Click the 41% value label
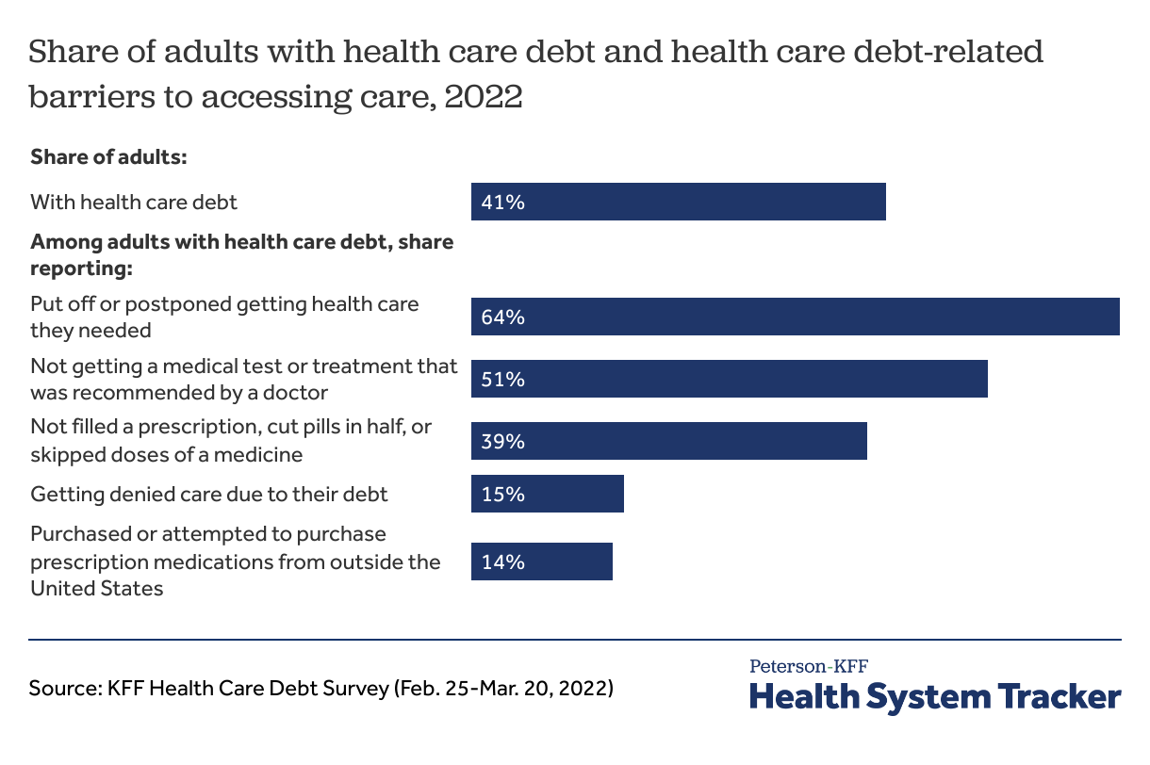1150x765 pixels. click(x=502, y=202)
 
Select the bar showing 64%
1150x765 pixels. click(x=795, y=317)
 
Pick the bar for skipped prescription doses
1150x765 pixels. click(x=668, y=441)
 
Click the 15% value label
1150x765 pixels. click(x=502, y=494)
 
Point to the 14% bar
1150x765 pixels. click(x=542, y=562)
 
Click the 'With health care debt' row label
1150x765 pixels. click(x=134, y=202)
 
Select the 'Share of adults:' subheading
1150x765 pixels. click(x=110, y=156)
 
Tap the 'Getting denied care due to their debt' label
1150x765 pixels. click(x=209, y=494)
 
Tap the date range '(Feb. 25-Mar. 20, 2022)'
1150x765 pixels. click(x=502, y=689)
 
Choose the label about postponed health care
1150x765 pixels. click(x=224, y=317)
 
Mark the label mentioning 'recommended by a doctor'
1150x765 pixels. click(x=243, y=379)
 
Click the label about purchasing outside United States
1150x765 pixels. click(x=236, y=562)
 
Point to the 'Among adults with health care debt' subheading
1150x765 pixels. click(x=241, y=255)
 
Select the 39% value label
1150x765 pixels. click(x=502, y=441)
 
